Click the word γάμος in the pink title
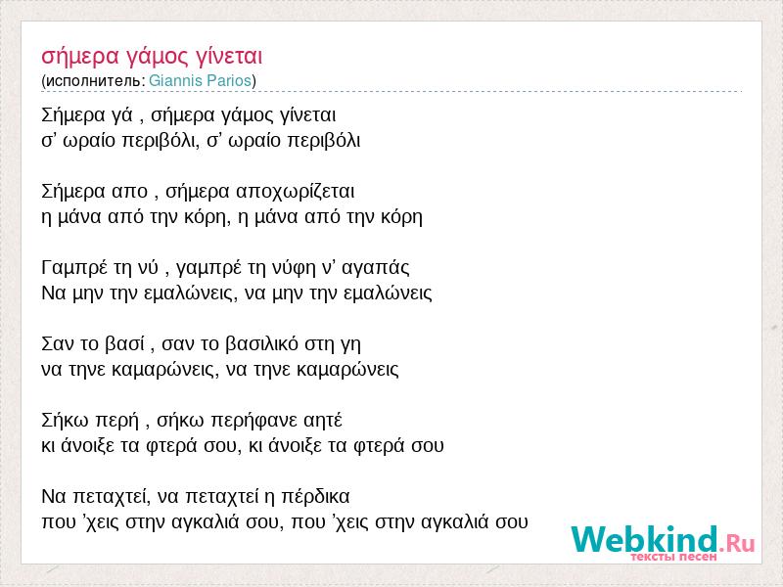158,57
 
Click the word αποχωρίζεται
296,192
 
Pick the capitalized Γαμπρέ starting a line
74,268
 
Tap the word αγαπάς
376,268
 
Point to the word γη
350,345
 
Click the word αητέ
323,421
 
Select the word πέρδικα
315,497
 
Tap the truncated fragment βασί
125,344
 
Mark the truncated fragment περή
116,421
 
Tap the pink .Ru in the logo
737,543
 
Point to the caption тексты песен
674,557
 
